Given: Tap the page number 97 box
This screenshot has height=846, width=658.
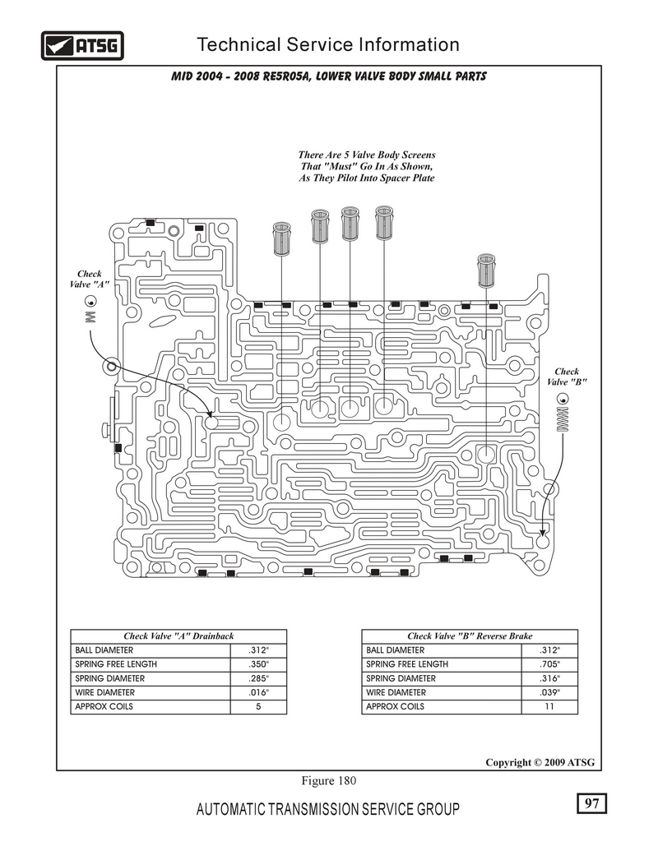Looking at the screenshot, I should (591, 803).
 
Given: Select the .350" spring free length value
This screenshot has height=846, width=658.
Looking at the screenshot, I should (258, 664).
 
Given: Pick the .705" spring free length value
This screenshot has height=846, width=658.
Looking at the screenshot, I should (549, 664).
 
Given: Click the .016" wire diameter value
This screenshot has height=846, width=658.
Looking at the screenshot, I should (258, 693).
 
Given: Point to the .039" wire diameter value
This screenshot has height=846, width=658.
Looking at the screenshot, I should (549, 693).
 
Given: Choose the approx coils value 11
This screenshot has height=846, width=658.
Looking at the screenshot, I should (549, 707).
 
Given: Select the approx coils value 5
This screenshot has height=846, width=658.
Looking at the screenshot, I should (258, 707).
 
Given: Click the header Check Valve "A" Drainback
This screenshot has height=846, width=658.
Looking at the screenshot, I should (178, 636).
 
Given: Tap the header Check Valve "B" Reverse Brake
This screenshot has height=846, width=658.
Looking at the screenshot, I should (470, 636).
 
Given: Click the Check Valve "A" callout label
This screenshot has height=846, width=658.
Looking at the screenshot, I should (89, 279).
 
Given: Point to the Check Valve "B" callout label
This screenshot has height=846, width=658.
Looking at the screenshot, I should (567, 377).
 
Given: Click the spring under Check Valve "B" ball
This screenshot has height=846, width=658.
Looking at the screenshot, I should (563, 420).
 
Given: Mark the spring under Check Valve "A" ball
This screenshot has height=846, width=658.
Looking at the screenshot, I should (90, 316).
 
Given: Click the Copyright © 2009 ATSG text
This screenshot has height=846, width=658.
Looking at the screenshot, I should (539, 762).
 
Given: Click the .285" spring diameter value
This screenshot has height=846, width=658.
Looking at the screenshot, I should (258, 679).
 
